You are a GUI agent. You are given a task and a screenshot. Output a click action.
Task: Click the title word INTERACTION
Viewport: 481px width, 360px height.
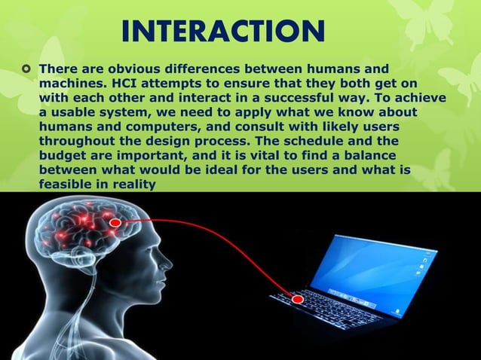coord(222,32)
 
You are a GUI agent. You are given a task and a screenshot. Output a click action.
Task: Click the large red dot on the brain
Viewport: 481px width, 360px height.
coord(115,224)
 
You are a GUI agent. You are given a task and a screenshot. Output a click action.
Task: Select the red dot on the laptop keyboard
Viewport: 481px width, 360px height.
coord(298,300)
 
